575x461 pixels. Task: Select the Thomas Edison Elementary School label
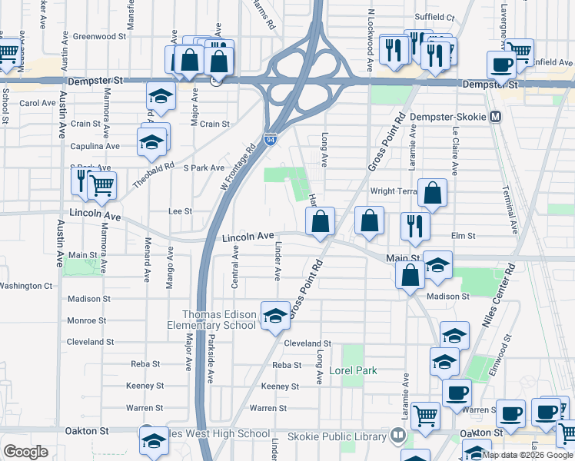(218, 320)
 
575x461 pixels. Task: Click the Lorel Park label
(353, 370)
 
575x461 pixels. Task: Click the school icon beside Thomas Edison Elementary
(274, 316)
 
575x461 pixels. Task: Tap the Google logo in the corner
(25, 451)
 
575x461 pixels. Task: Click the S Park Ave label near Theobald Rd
(203, 167)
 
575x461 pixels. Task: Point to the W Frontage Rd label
(238, 170)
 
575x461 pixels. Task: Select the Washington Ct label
(25, 286)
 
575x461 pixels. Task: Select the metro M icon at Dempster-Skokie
(496, 117)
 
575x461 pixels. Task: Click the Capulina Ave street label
(95, 146)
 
